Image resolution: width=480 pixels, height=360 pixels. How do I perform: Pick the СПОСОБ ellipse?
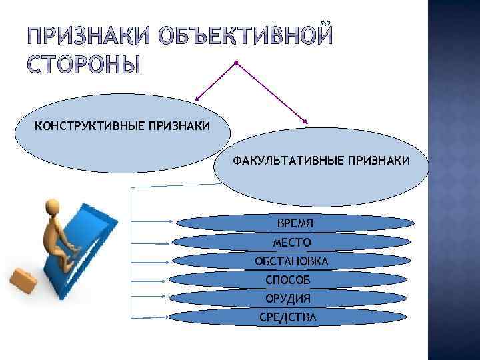point(289,279)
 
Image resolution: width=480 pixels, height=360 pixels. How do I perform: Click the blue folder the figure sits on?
point(93,240)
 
